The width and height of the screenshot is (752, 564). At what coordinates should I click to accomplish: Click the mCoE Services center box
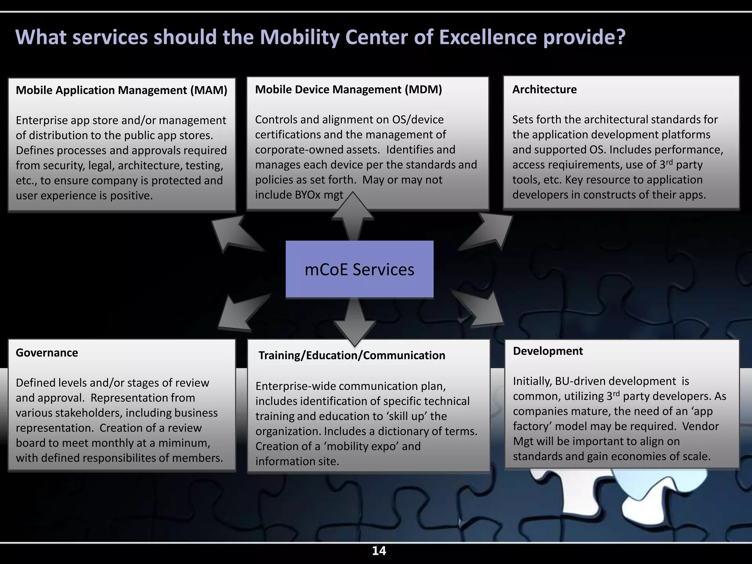click(359, 269)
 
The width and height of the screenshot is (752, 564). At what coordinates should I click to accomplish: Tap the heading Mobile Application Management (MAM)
click(122, 90)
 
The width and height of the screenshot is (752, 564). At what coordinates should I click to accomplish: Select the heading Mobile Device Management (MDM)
click(348, 90)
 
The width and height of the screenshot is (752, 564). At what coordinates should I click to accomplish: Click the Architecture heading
click(544, 90)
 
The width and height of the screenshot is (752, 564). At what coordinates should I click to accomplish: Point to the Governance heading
click(47, 353)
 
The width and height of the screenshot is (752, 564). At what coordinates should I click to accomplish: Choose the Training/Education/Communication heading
click(352, 355)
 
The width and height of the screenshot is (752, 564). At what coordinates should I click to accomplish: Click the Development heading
click(548, 351)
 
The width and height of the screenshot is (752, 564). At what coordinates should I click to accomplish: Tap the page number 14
click(379, 551)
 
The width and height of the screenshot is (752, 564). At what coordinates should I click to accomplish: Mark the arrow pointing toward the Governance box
click(240, 312)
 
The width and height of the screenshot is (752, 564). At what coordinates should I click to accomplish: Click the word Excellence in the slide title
click(488, 37)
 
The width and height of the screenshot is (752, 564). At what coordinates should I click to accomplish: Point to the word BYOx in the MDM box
click(308, 195)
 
